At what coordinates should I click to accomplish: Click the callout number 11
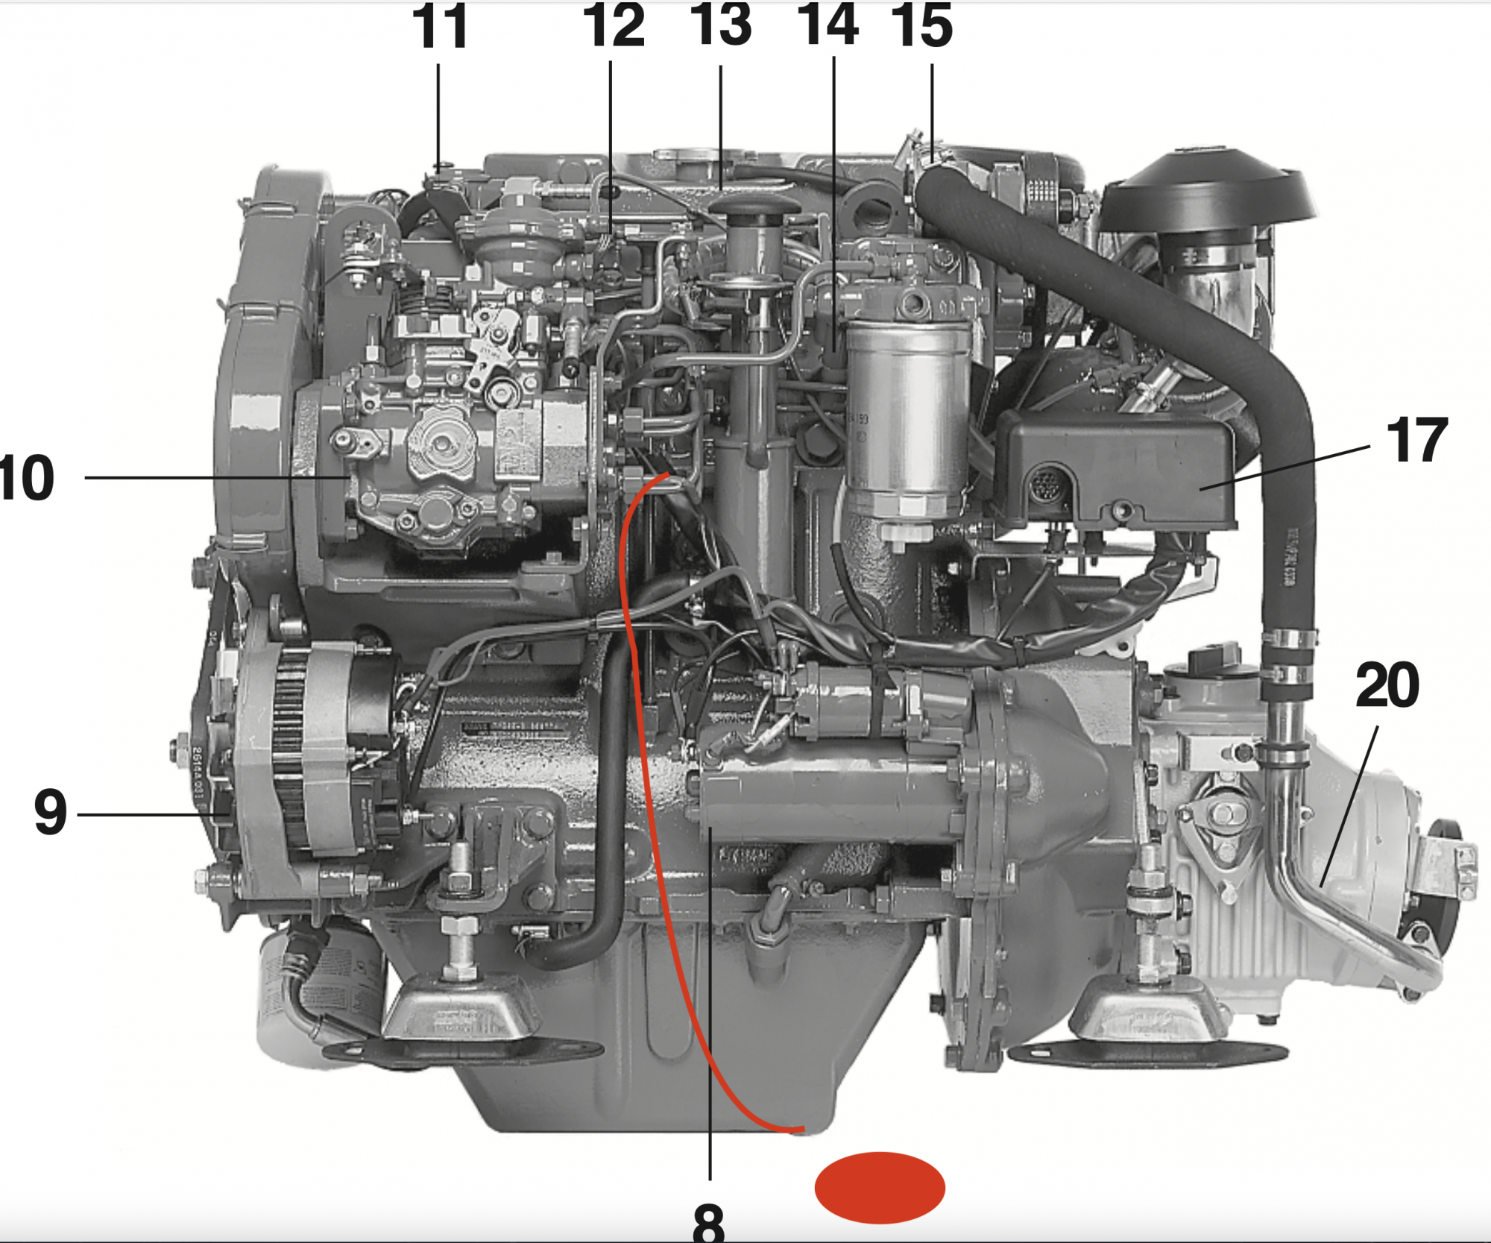coord(440,27)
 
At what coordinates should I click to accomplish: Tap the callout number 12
coord(614,25)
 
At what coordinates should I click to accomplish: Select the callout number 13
coord(721,25)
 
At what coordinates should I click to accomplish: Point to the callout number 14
coord(828,25)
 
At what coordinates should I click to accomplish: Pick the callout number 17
coord(1416,441)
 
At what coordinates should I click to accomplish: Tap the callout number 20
coord(1387,685)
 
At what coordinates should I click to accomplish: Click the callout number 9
coord(51,812)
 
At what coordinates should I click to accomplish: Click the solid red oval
coord(880,1188)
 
